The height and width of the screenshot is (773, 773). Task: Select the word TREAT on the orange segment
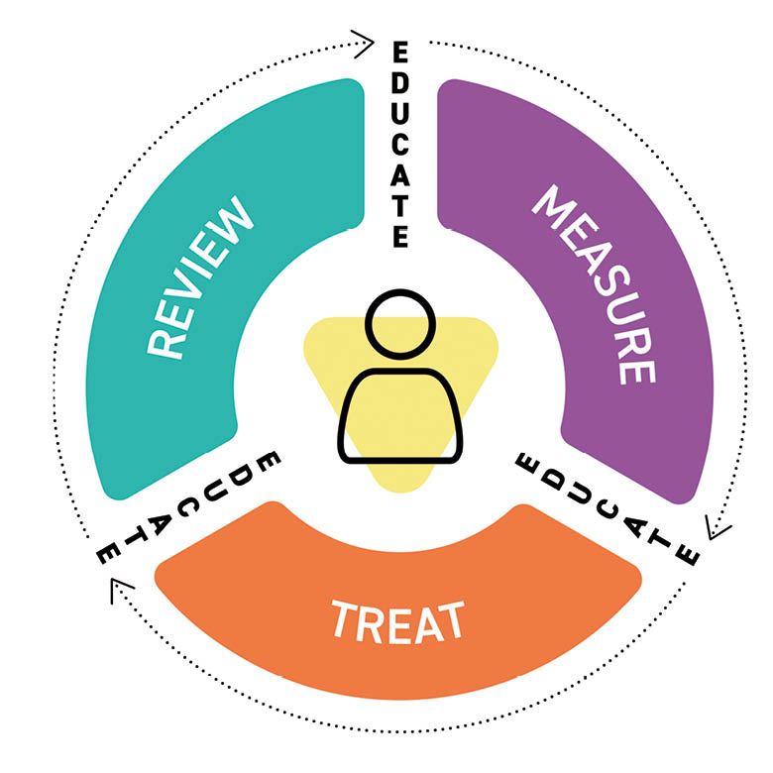[x=396, y=621]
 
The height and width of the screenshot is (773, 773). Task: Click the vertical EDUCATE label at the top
[x=399, y=144]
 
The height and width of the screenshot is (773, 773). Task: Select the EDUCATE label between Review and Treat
[x=187, y=510]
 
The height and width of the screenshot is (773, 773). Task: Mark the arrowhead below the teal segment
[x=118, y=593]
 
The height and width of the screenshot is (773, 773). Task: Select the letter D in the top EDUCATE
[x=399, y=80]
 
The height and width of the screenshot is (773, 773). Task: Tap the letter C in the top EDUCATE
[x=399, y=144]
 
